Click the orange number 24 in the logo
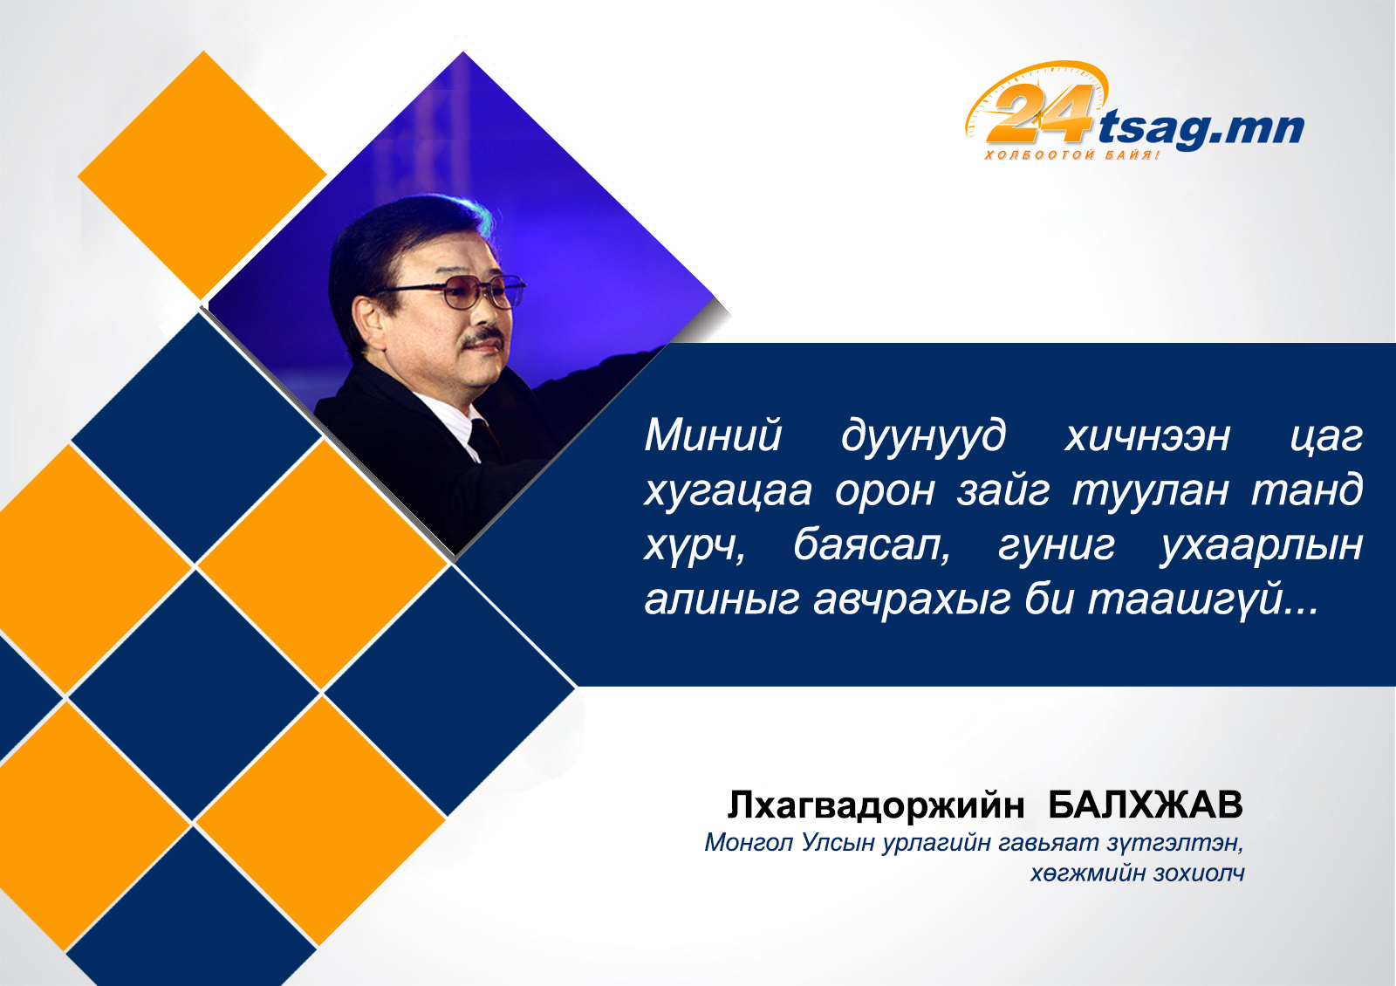(x=1039, y=113)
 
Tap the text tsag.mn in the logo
(x=1201, y=130)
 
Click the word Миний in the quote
(x=713, y=435)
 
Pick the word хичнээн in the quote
(x=1147, y=435)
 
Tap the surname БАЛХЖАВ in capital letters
(x=1146, y=805)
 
